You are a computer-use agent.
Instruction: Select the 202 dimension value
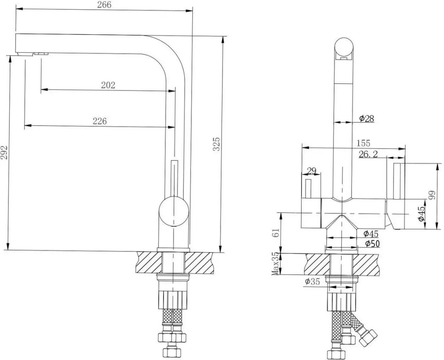point(108,85)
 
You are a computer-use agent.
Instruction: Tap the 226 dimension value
point(99,121)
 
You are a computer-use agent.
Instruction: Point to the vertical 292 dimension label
point(5,152)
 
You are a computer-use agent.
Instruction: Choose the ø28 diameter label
point(367,118)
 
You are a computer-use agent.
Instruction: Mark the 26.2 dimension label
point(368,154)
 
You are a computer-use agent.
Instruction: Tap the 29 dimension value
point(311,171)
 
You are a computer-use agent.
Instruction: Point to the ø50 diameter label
point(372,244)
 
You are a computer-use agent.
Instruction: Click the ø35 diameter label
point(312,282)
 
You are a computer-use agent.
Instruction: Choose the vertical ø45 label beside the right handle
point(421,213)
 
